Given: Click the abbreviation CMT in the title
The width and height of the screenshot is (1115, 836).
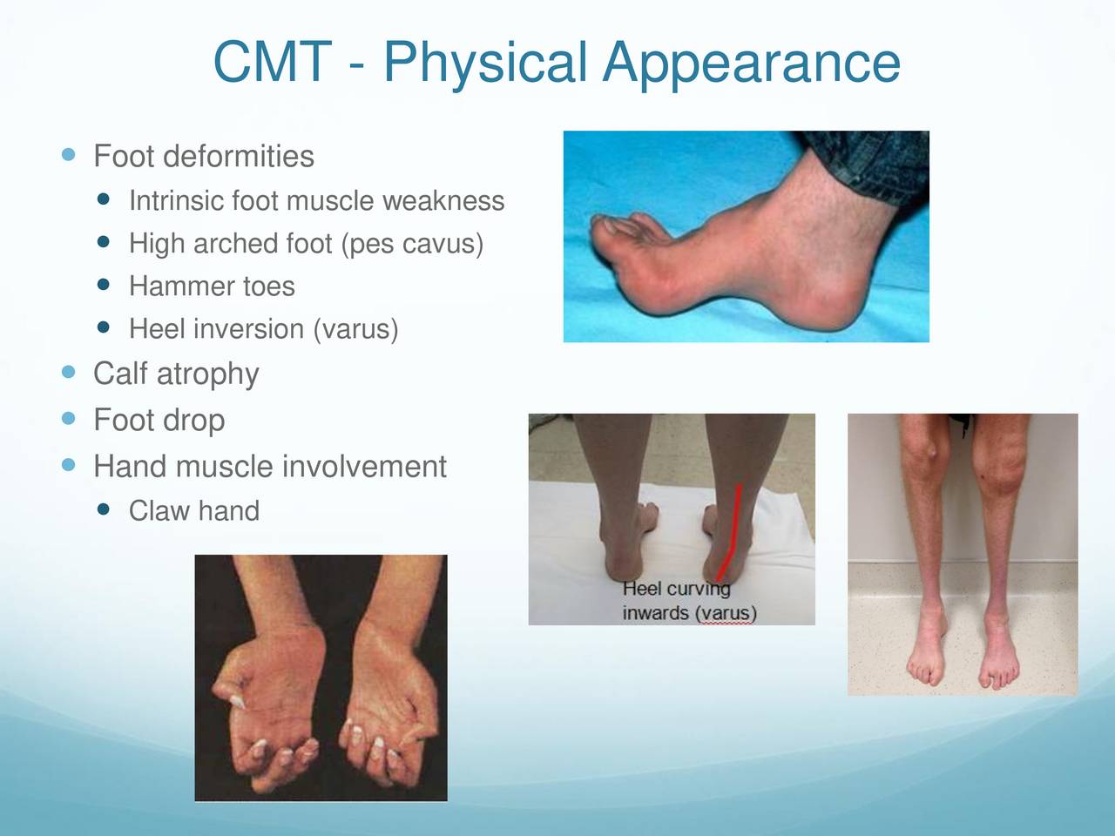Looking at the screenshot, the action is [273, 62].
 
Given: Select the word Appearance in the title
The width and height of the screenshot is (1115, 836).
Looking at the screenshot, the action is [751, 63].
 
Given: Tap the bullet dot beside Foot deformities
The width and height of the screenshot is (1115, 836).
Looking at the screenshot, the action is [68, 154].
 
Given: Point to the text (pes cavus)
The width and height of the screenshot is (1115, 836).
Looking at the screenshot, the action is [412, 244].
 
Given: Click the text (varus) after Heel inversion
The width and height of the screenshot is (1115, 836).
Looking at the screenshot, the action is [355, 329].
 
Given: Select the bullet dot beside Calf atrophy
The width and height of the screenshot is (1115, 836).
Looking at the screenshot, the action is [68, 372].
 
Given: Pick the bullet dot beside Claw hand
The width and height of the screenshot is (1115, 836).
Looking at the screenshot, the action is [103, 509].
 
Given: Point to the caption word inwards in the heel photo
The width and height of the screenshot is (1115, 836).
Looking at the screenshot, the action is [656, 613].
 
